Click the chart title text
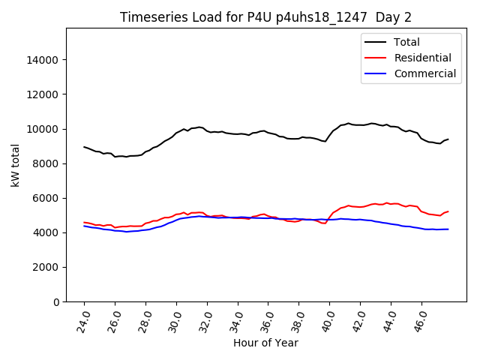[x=266, y=17]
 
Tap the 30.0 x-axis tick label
[x=175, y=319]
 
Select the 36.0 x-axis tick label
[x=268, y=319]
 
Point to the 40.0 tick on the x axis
[x=329, y=319]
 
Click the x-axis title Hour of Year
[x=265, y=343]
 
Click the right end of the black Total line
[x=448, y=139]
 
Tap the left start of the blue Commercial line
[x=84, y=226]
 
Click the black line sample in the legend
[x=377, y=42]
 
